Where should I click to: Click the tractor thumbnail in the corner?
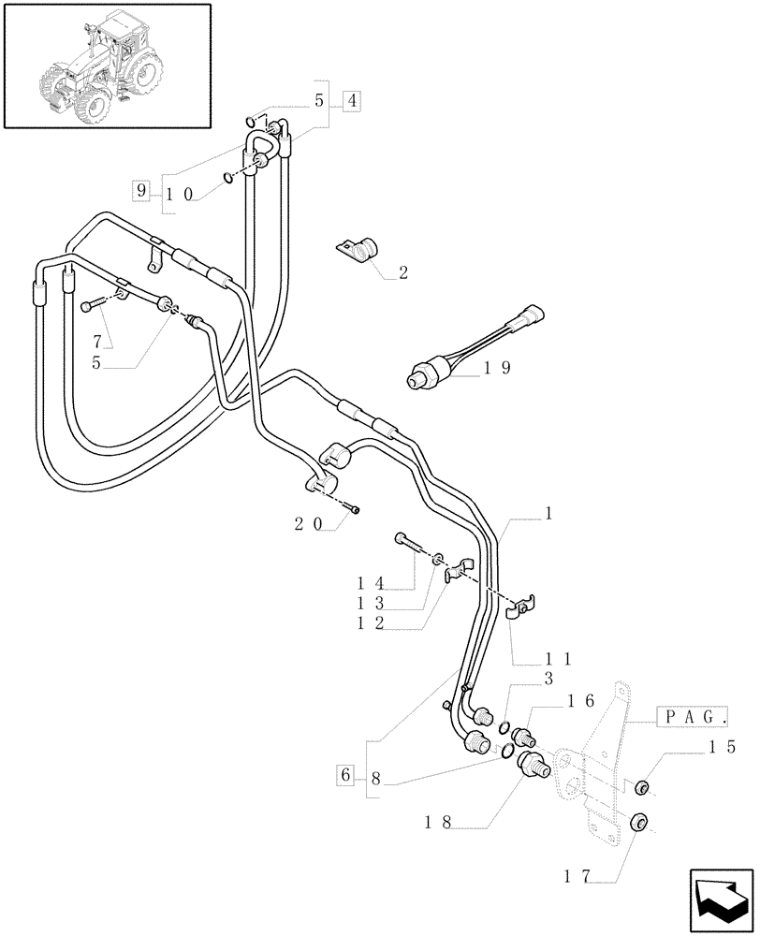click(106, 66)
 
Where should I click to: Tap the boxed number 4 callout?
click(351, 102)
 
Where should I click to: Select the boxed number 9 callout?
click(141, 192)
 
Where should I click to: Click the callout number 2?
click(402, 273)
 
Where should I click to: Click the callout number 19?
click(497, 369)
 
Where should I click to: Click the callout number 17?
click(577, 877)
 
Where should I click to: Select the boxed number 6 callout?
click(345, 776)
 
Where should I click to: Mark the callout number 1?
click(548, 513)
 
